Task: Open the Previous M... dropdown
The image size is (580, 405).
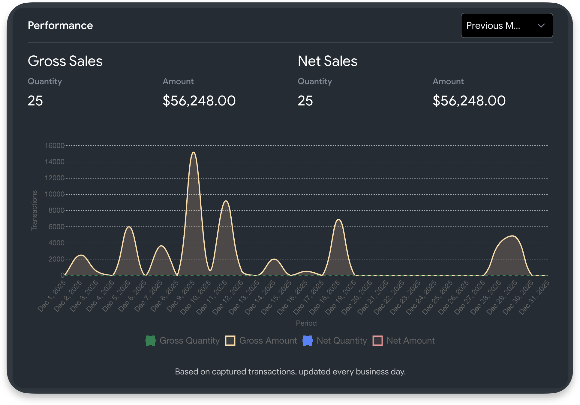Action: (506, 25)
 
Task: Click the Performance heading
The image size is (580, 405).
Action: (60, 25)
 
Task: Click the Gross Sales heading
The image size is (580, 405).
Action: (65, 61)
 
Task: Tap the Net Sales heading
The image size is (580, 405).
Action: (327, 61)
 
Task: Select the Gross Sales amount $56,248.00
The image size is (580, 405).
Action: (199, 101)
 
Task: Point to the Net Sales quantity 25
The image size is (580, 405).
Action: (305, 101)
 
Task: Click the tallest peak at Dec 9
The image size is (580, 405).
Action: (194, 153)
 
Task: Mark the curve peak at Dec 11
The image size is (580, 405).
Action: (226, 201)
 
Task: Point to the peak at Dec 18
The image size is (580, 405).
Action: (339, 220)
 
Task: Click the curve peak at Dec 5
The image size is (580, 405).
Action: (129, 227)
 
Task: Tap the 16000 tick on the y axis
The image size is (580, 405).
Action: (54, 146)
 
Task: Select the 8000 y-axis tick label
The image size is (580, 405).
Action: (56, 210)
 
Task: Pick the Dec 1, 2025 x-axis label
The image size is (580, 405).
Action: (52, 296)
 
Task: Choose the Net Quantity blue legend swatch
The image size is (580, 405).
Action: (308, 341)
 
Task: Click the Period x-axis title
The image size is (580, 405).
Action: (306, 323)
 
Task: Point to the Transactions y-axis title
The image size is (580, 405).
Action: (34, 210)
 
